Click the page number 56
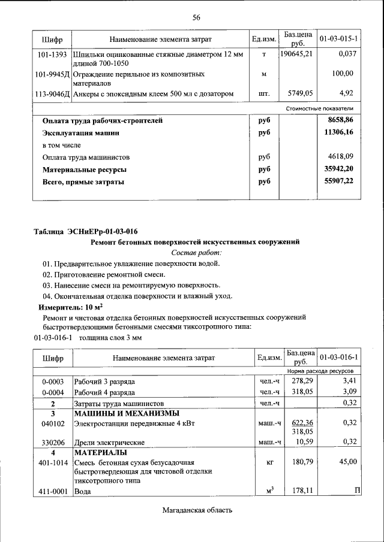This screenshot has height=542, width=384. click(x=196, y=17)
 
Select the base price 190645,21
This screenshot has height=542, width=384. click(x=296, y=54)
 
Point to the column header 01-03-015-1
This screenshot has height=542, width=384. click(x=339, y=40)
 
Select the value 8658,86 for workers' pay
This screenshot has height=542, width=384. click(x=340, y=120)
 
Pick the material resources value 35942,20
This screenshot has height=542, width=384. click(x=338, y=169)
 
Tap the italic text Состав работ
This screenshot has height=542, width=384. click(x=196, y=253)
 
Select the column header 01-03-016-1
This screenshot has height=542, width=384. click(x=339, y=358)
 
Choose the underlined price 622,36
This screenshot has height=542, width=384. click(x=302, y=422)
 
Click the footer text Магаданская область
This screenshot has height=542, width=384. click(x=196, y=510)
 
